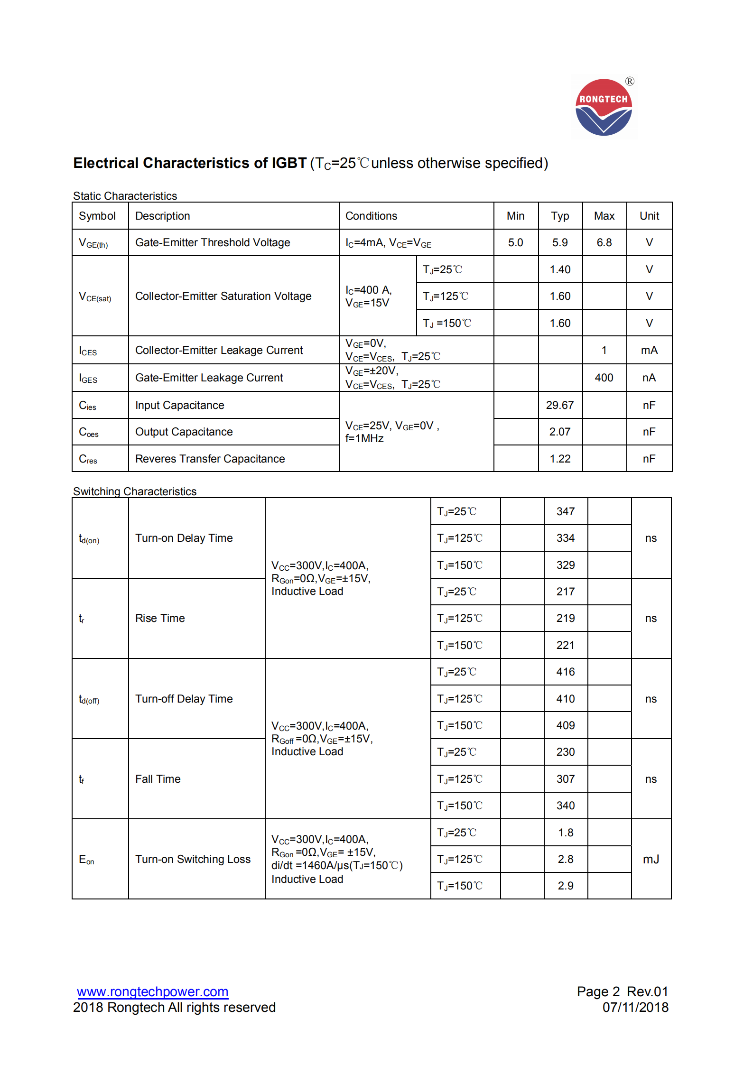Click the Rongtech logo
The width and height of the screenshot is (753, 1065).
pyautogui.click(x=604, y=107)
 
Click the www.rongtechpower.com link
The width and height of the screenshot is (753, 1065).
pyautogui.click(x=152, y=991)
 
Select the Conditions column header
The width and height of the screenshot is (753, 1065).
pyautogui.click(x=371, y=216)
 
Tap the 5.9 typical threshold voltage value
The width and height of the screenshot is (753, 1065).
pyautogui.click(x=560, y=242)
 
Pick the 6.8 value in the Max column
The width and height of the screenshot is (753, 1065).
pyautogui.click(x=604, y=242)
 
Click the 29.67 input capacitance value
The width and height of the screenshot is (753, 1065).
pyautogui.click(x=560, y=405)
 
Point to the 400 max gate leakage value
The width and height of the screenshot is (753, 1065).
pyautogui.click(x=604, y=378)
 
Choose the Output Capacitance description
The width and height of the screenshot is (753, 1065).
pyautogui.click(x=184, y=432)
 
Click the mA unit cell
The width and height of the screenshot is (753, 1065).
pyautogui.click(x=649, y=350)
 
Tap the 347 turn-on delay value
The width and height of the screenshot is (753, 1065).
pyautogui.click(x=566, y=511)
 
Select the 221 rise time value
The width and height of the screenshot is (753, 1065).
pyautogui.click(x=566, y=645)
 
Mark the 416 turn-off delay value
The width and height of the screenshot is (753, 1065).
pyautogui.click(x=566, y=672)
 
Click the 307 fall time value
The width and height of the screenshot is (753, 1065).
pyautogui.click(x=566, y=779)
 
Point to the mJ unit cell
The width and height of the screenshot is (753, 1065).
pyautogui.click(x=651, y=859)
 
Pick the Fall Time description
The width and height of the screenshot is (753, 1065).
pyautogui.click(x=158, y=779)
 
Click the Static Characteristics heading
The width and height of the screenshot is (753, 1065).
pyautogui.click(x=125, y=196)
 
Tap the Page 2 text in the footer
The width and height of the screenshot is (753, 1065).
pyautogui.click(x=598, y=991)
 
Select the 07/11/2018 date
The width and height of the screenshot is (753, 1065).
pyautogui.click(x=635, y=1007)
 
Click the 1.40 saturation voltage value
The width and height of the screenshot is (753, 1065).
pyautogui.click(x=560, y=269)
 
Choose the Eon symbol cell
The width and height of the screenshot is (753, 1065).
pyautogui.click(x=87, y=860)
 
